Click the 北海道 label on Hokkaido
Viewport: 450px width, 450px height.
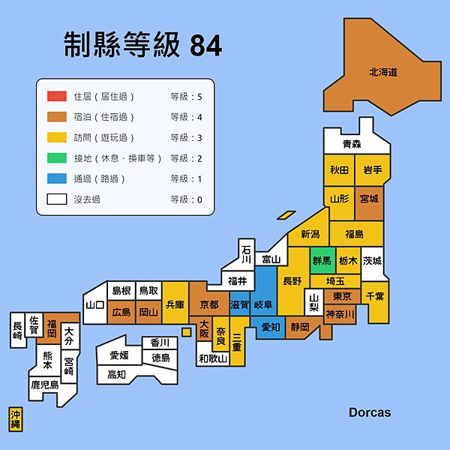coord(382,73)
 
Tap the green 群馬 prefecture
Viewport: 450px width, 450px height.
coord(322,261)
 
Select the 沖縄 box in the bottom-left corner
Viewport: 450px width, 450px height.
coord(16,419)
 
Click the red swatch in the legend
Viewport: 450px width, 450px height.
coord(57,96)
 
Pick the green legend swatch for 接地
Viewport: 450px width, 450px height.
coord(57,158)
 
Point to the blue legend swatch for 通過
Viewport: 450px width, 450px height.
coord(57,178)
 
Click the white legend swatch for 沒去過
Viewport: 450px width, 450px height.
coord(57,199)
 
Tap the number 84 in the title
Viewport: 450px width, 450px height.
coord(206,46)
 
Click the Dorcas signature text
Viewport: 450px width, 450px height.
coord(369,412)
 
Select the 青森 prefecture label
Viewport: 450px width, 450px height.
coord(352,144)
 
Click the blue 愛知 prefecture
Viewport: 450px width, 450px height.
coord(271,327)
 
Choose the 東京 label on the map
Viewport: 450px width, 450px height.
coord(342,296)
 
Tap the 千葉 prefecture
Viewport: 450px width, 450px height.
coord(376,297)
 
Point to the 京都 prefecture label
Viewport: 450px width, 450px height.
coord(209,304)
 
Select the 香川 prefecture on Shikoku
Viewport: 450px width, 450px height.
coord(160,343)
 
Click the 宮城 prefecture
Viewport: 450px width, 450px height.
coord(369,199)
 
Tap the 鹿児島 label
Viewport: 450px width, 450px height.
coord(44,385)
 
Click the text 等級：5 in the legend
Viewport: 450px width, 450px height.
coord(186,96)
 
